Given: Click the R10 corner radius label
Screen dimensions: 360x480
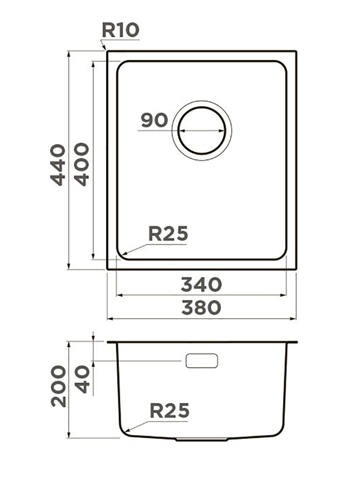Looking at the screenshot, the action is coord(120,30).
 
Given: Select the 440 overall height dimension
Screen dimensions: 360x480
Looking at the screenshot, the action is coord(58,165).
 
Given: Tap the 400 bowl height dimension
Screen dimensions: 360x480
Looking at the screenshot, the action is coord(82,164).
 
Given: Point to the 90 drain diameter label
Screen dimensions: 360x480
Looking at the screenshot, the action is coord(154,120).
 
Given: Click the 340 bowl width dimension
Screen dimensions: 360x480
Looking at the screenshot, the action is coord(201,284).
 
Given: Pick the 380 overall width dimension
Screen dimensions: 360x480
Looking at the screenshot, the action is coord(201,308).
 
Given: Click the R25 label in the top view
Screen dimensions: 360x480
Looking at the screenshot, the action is coord(168,233).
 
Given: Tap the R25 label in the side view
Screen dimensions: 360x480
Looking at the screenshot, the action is coord(169,410).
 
